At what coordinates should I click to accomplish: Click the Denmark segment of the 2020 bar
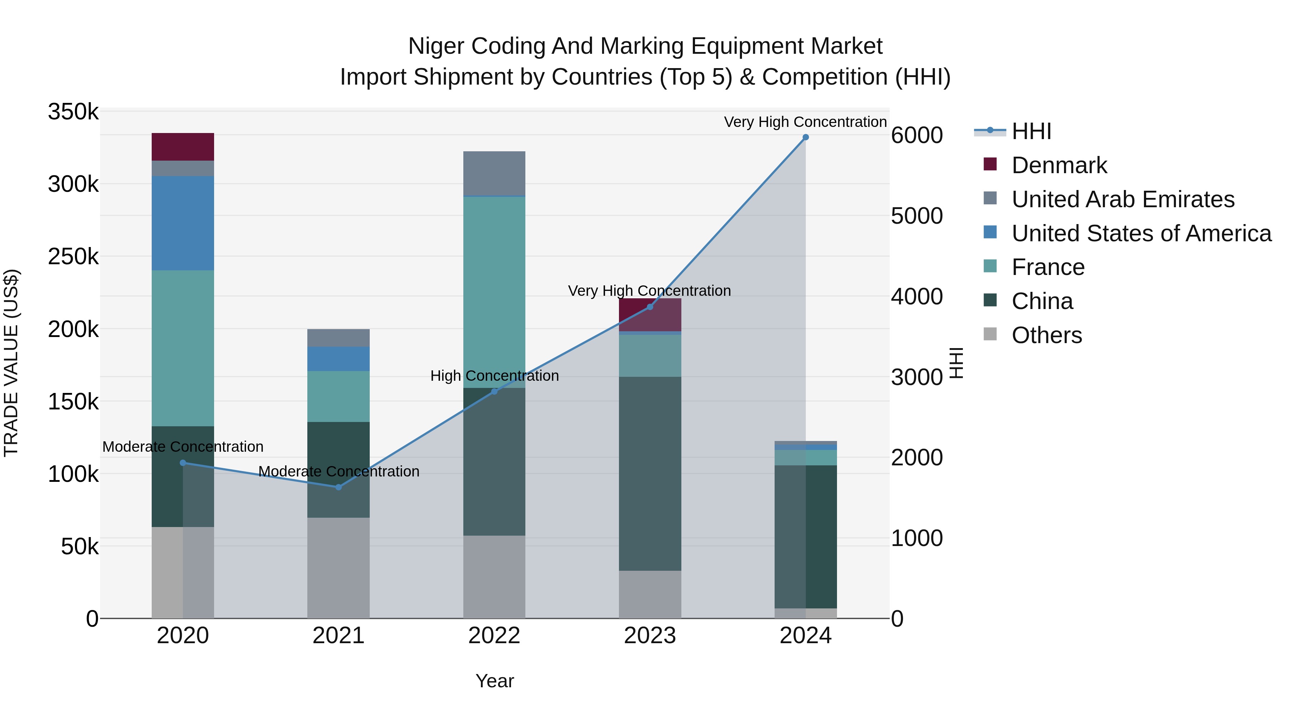[x=183, y=146]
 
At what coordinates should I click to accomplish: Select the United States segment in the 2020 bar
[x=183, y=223]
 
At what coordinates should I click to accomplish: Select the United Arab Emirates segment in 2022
[x=494, y=173]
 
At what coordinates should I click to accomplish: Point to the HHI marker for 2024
[x=805, y=137]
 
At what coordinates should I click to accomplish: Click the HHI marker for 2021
[x=338, y=487]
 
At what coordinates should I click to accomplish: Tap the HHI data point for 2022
[x=494, y=391]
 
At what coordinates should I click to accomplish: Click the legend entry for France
[x=1048, y=267]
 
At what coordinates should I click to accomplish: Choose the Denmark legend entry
[x=1059, y=165]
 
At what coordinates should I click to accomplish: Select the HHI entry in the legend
[x=1031, y=131]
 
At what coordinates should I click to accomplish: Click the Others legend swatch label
[x=1046, y=335]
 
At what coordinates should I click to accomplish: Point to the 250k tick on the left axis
[x=73, y=257]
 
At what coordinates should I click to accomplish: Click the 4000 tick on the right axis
[x=917, y=296]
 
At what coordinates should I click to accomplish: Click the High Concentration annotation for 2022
[x=494, y=376]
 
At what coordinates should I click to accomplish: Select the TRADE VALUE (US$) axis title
[x=11, y=363]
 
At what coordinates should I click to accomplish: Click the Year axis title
[x=494, y=681]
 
